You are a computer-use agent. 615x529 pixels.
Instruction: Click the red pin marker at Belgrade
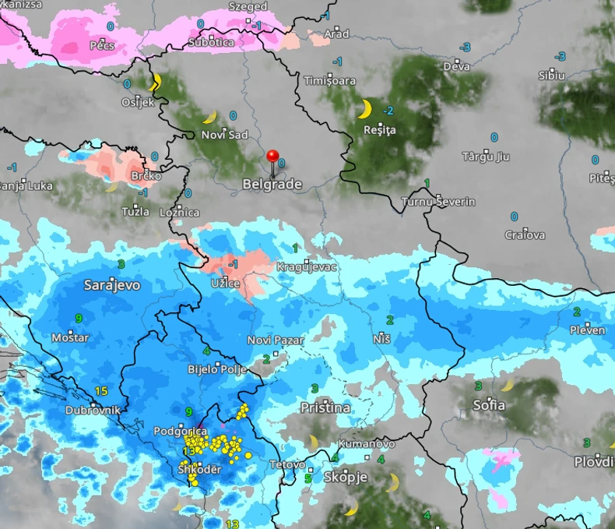tap(272, 157)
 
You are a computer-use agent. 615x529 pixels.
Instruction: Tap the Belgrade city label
tap(272, 185)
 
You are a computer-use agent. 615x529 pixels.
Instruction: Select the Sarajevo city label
tap(112, 285)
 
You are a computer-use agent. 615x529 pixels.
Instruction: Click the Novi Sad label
tap(224, 135)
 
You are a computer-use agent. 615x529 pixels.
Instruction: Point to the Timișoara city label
tap(329, 81)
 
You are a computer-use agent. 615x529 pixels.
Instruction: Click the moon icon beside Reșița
tap(364, 109)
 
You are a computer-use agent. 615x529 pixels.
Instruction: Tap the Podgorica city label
tap(180, 431)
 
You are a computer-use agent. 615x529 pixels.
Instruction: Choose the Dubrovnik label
tap(92, 410)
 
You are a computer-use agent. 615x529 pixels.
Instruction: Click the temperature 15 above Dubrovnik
tap(100, 390)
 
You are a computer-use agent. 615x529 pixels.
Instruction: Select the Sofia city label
tap(489, 405)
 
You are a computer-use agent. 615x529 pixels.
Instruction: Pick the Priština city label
tap(325, 407)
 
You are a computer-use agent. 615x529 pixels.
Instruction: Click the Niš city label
tap(381, 339)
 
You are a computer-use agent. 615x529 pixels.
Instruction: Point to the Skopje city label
tap(344, 477)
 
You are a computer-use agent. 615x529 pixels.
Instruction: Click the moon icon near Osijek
tap(154, 82)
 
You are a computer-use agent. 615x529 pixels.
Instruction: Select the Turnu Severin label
tap(438, 202)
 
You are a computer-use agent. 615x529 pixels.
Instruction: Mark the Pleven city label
tap(586, 330)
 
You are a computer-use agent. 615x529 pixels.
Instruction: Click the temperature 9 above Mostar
tap(79, 318)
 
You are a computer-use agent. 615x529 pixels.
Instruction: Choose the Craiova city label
tap(525, 235)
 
